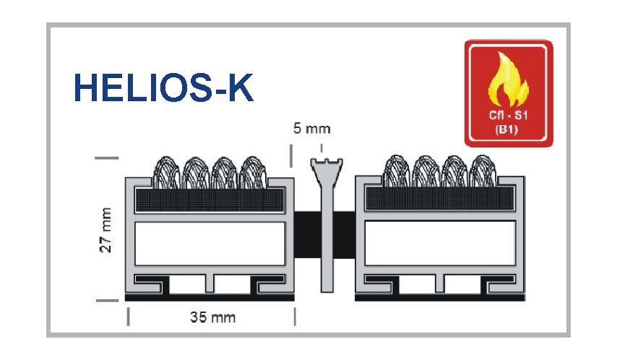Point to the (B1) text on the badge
pyautogui.click(x=509, y=131)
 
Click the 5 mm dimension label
pyautogui.click(x=311, y=129)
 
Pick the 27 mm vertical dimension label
pyautogui.click(x=107, y=230)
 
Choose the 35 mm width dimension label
pyautogui.click(x=212, y=317)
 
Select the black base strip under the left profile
pyautogui.click(x=211, y=297)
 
